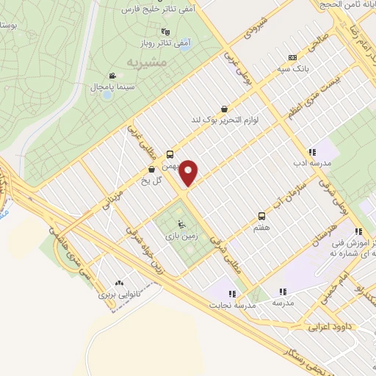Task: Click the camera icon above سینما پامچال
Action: coord(112,76)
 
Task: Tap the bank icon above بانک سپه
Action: coord(293,57)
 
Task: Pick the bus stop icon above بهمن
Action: coord(170,154)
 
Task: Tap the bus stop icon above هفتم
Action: coord(261,216)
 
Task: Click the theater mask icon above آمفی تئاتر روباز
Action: coord(165,32)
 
